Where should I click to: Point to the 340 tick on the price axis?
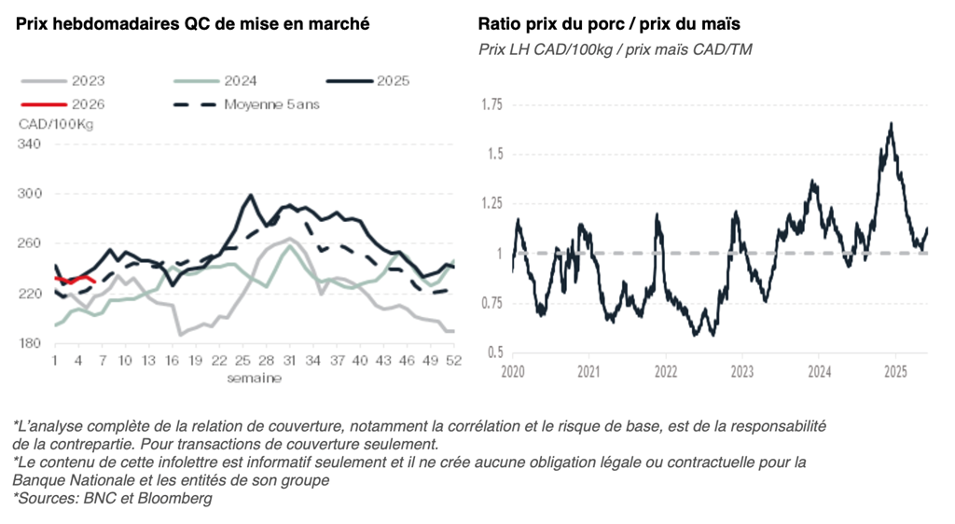pos(30,144)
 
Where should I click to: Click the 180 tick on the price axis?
pos(30,343)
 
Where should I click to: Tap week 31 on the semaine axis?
pos(290,361)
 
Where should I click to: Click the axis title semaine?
pos(254,379)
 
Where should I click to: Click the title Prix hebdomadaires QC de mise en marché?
pos(192,23)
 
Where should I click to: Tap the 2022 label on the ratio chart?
pos(665,371)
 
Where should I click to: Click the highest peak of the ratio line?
pos(892,123)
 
